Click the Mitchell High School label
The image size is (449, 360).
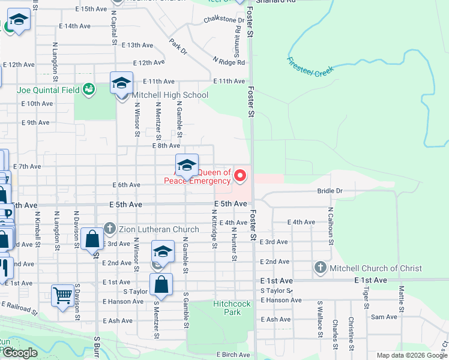click(170, 95)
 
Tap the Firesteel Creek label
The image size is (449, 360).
click(310, 67)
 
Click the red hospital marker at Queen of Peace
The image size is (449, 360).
click(240, 176)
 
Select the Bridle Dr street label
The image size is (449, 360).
click(330, 191)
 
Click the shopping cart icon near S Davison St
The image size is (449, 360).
click(62, 295)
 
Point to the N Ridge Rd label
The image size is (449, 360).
click(229, 62)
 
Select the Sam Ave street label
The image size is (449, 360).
click(384, 317)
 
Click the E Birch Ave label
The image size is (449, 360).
click(234, 355)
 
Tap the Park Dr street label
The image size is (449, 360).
click(178, 47)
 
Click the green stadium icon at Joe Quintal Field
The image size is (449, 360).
click(89, 89)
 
